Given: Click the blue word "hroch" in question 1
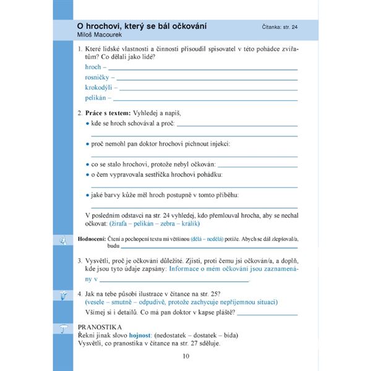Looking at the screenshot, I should (x=93, y=67).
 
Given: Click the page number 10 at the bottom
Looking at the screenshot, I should (x=186, y=355).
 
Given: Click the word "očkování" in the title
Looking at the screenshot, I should (x=184, y=27).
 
